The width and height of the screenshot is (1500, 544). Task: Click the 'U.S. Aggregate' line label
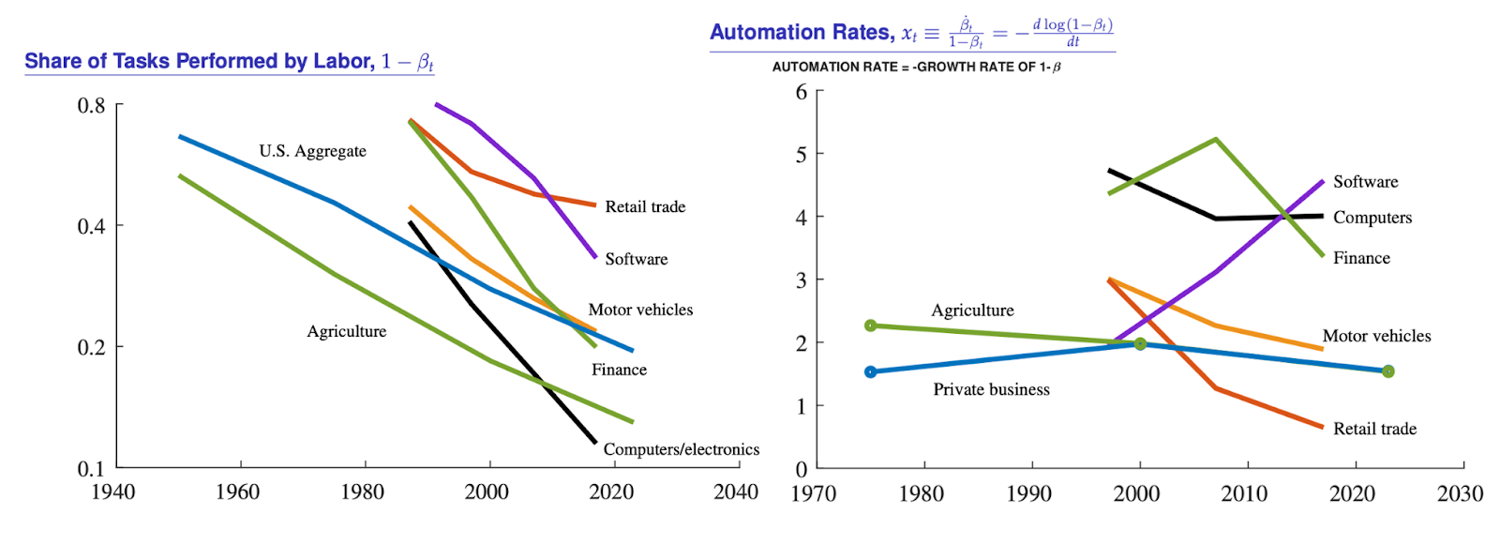[312, 151]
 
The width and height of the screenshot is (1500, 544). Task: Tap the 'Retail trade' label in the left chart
[645, 206]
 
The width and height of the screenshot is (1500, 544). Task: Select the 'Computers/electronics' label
[681, 449]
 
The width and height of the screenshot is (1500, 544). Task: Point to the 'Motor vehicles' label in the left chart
[640, 310]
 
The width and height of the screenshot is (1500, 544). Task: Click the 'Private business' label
[991, 389]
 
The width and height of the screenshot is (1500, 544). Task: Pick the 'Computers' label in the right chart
[1372, 218]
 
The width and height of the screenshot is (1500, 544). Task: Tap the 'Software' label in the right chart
[1365, 182]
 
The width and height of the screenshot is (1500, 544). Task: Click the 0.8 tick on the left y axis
[91, 105]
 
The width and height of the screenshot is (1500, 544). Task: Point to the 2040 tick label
[735, 492]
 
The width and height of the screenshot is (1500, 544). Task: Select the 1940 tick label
[112, 492]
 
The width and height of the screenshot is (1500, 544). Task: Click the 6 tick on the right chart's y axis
[802, 92]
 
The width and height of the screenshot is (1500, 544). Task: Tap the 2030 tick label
[1460, 494]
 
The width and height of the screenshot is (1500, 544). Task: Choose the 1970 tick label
[813, 494]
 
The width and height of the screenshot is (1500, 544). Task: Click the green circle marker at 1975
[870, 325]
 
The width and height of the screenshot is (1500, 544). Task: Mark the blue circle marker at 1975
[870, 372]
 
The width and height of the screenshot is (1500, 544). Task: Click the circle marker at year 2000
[1140, 344]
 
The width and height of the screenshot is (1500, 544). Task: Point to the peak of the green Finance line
[1216, 140]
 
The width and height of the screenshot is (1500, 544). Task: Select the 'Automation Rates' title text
[802, 33]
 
